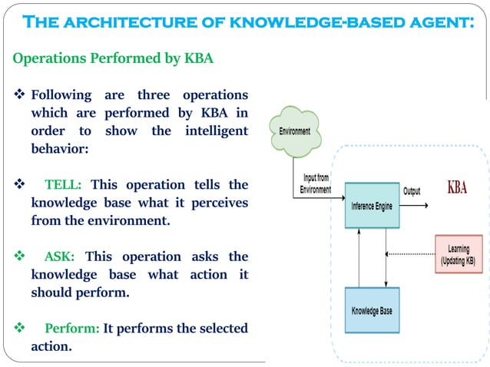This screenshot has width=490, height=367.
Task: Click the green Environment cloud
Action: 295,131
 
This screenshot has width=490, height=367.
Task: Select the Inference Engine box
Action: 372,206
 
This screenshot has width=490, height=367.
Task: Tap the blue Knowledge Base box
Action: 372,310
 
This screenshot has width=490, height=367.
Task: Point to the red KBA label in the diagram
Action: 456,188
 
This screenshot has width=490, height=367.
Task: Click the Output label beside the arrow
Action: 412,190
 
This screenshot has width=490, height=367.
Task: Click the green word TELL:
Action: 68,185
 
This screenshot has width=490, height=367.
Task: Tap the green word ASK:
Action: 61,256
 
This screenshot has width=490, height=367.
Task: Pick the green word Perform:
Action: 71,328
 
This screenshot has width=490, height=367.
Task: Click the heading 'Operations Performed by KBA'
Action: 113,58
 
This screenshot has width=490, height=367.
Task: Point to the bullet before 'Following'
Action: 20,95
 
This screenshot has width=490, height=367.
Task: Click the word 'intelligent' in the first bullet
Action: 217,131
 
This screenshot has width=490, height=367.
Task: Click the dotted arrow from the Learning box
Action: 410,254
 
